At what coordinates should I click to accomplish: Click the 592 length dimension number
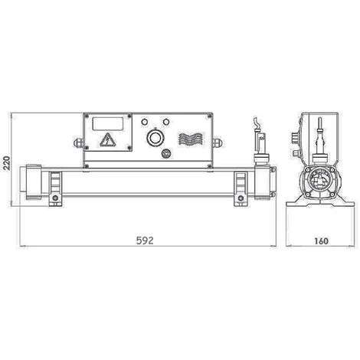tap(146, 240)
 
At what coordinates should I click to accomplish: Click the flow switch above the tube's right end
tap(259, 142)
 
